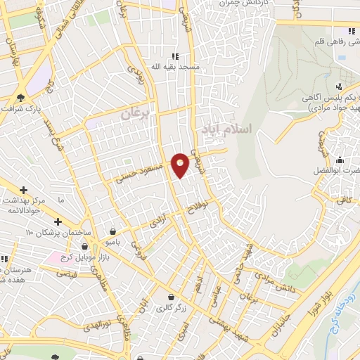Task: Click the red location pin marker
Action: [181, 165]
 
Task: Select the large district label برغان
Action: [136, 112]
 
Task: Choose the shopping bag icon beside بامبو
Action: [112, 231]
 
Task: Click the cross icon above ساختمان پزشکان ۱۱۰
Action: [58, 222]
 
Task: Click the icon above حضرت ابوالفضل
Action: [340, 160]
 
